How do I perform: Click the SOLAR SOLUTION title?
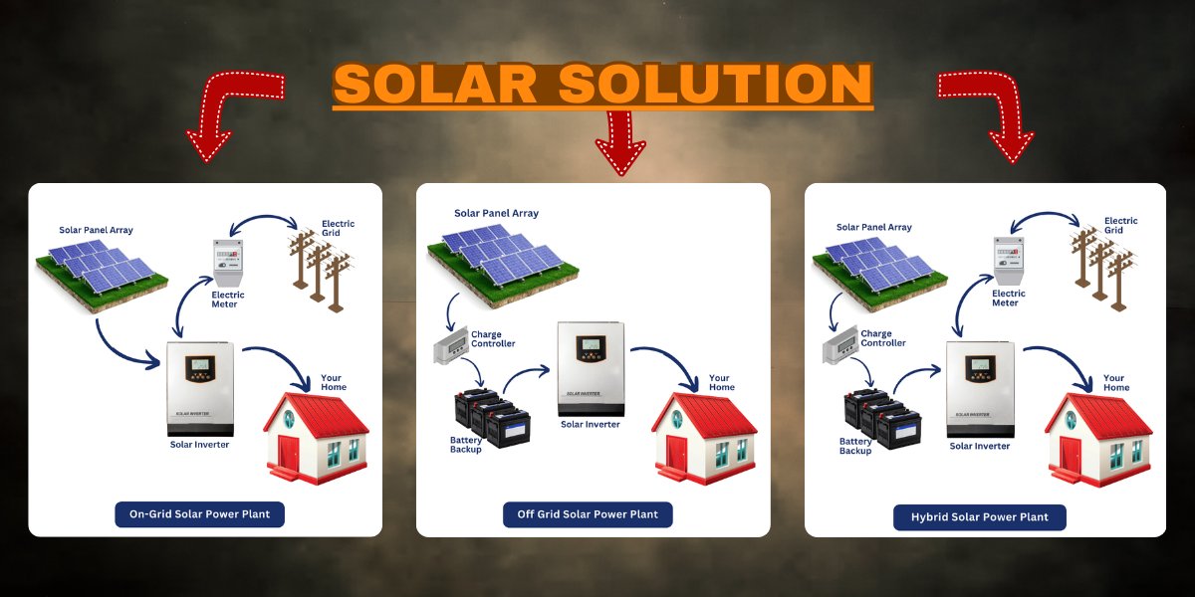click(602, 86)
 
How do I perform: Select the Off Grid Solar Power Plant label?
click(588, 514)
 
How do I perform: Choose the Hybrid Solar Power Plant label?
click(979, 517)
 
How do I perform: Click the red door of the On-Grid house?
click(288, 455)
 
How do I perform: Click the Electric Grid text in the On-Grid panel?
click(338, 228)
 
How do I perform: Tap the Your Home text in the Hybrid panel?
click(1114, 382)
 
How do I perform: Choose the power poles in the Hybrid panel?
click(1100, 264)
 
